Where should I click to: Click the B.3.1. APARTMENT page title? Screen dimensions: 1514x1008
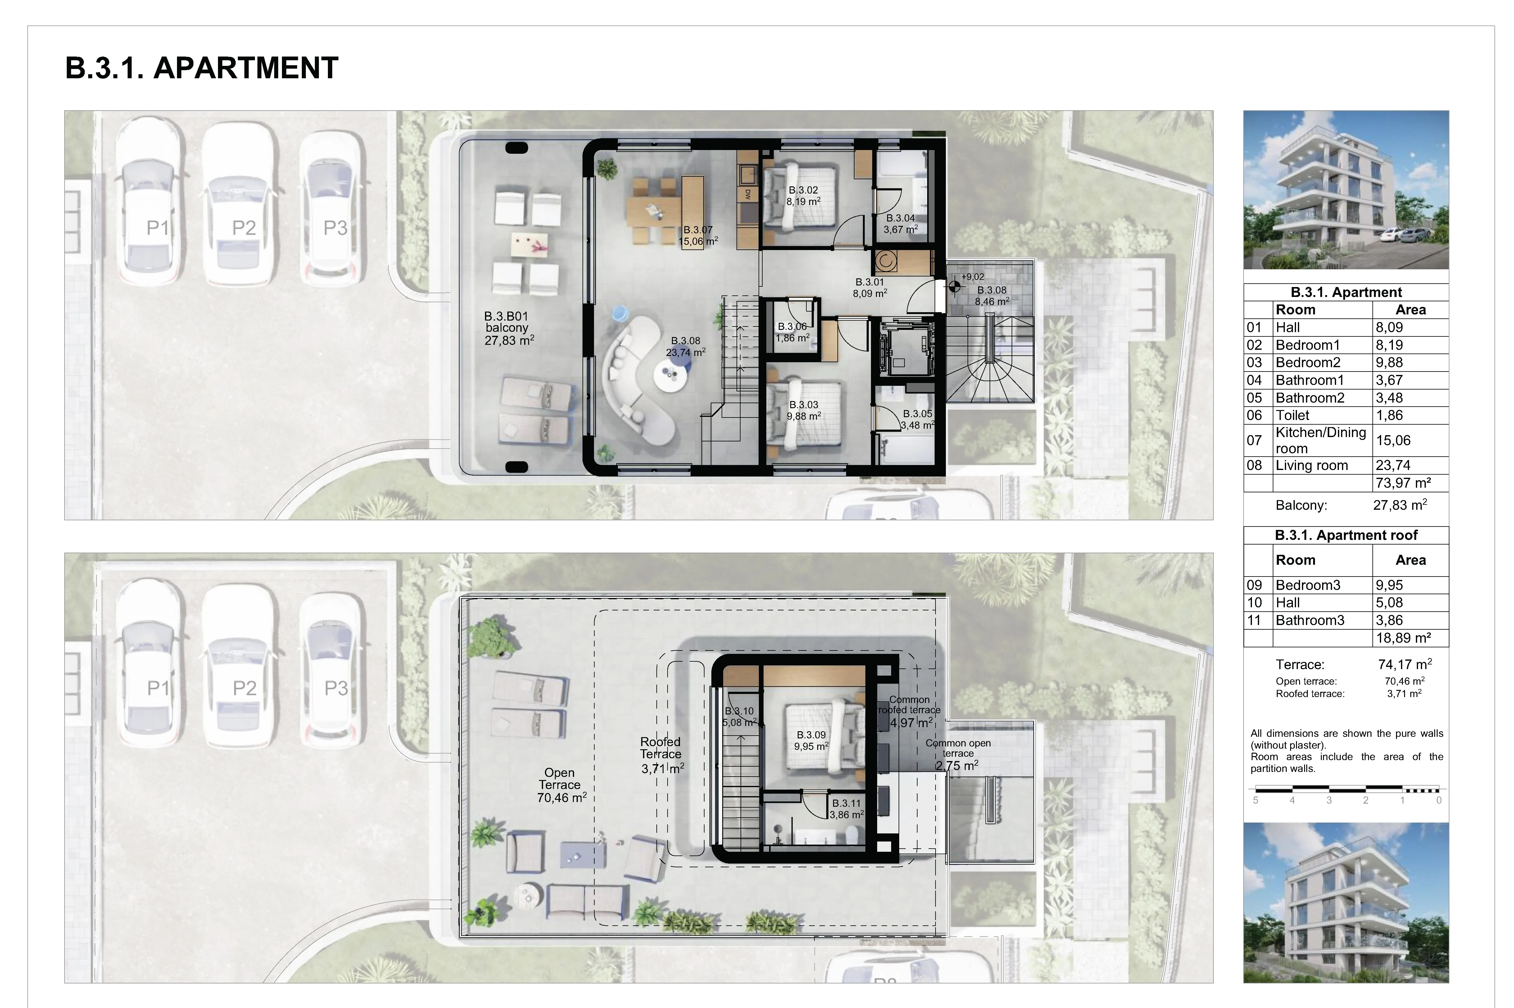[202, 68]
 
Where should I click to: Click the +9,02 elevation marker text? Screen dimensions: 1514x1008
[972, 277]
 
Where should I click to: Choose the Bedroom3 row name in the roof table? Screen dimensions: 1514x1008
[1308, 585]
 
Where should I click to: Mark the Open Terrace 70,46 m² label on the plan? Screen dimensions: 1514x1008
[561, 785]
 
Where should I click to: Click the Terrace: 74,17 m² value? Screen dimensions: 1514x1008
[1405, 664]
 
